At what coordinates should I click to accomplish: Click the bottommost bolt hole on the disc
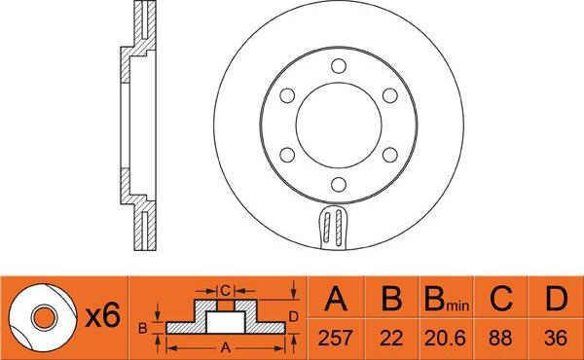pyautogui.click(x=338, y=186)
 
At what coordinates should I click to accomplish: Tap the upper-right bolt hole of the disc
pyautogui.click(x=389, y=95)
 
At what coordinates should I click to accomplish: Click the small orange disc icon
pyautogui.click(x=41, y=316)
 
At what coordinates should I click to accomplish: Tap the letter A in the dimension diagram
pyautogui.click(x=228, y=345)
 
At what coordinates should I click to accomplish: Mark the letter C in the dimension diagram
pyautogui.click(x=225, y=289)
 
